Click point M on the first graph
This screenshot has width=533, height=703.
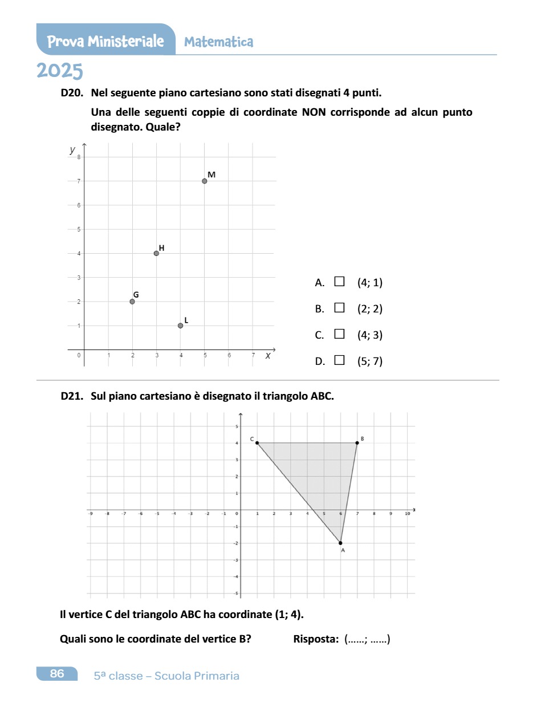click(x=205, y=181)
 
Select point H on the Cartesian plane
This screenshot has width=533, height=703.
click(x=156, y=253)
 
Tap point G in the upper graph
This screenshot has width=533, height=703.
click(x=132, y=302)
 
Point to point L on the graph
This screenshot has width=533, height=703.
click(x=180, y=326)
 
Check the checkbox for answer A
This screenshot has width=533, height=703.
click(x=339, y=281)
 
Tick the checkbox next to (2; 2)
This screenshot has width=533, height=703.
click(x=339, y=308)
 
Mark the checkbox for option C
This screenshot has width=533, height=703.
click(x=339, y=334)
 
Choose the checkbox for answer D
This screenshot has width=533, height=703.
click(x=339, y=360)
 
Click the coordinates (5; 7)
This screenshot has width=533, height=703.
click(x=369, y=361)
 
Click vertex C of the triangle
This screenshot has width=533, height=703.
click(x=257, y=443)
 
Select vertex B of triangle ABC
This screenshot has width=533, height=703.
click(x=357, y=443)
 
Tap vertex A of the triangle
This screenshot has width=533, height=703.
click(x=340, y=543)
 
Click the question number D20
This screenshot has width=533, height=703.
click(x=72, y=92)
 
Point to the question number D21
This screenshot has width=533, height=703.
click(x=72, y=396)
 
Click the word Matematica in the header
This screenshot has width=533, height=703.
click(x=219, y=42)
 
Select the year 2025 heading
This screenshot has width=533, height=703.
click(x=60, y=71)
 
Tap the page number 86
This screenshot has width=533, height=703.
click(x=57, y=674)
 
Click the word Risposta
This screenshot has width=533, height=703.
click(x=316, y=639)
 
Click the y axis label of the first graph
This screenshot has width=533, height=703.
click(x=72, y=150)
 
